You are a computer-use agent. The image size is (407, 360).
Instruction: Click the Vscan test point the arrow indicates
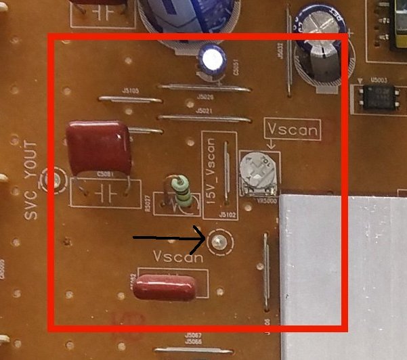[x=219, y=241]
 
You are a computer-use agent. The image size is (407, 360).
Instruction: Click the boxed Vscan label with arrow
[x=291, y=129]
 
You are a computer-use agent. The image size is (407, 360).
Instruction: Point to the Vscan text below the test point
[x=178, y=257]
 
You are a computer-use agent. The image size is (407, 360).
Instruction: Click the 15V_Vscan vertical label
[x=211, y=172]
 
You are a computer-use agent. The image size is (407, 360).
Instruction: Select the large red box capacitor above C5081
[x=98, y=148]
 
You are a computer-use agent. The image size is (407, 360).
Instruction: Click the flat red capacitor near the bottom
[x=166, y=286]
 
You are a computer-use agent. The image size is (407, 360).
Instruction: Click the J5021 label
[x=205, y=111]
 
